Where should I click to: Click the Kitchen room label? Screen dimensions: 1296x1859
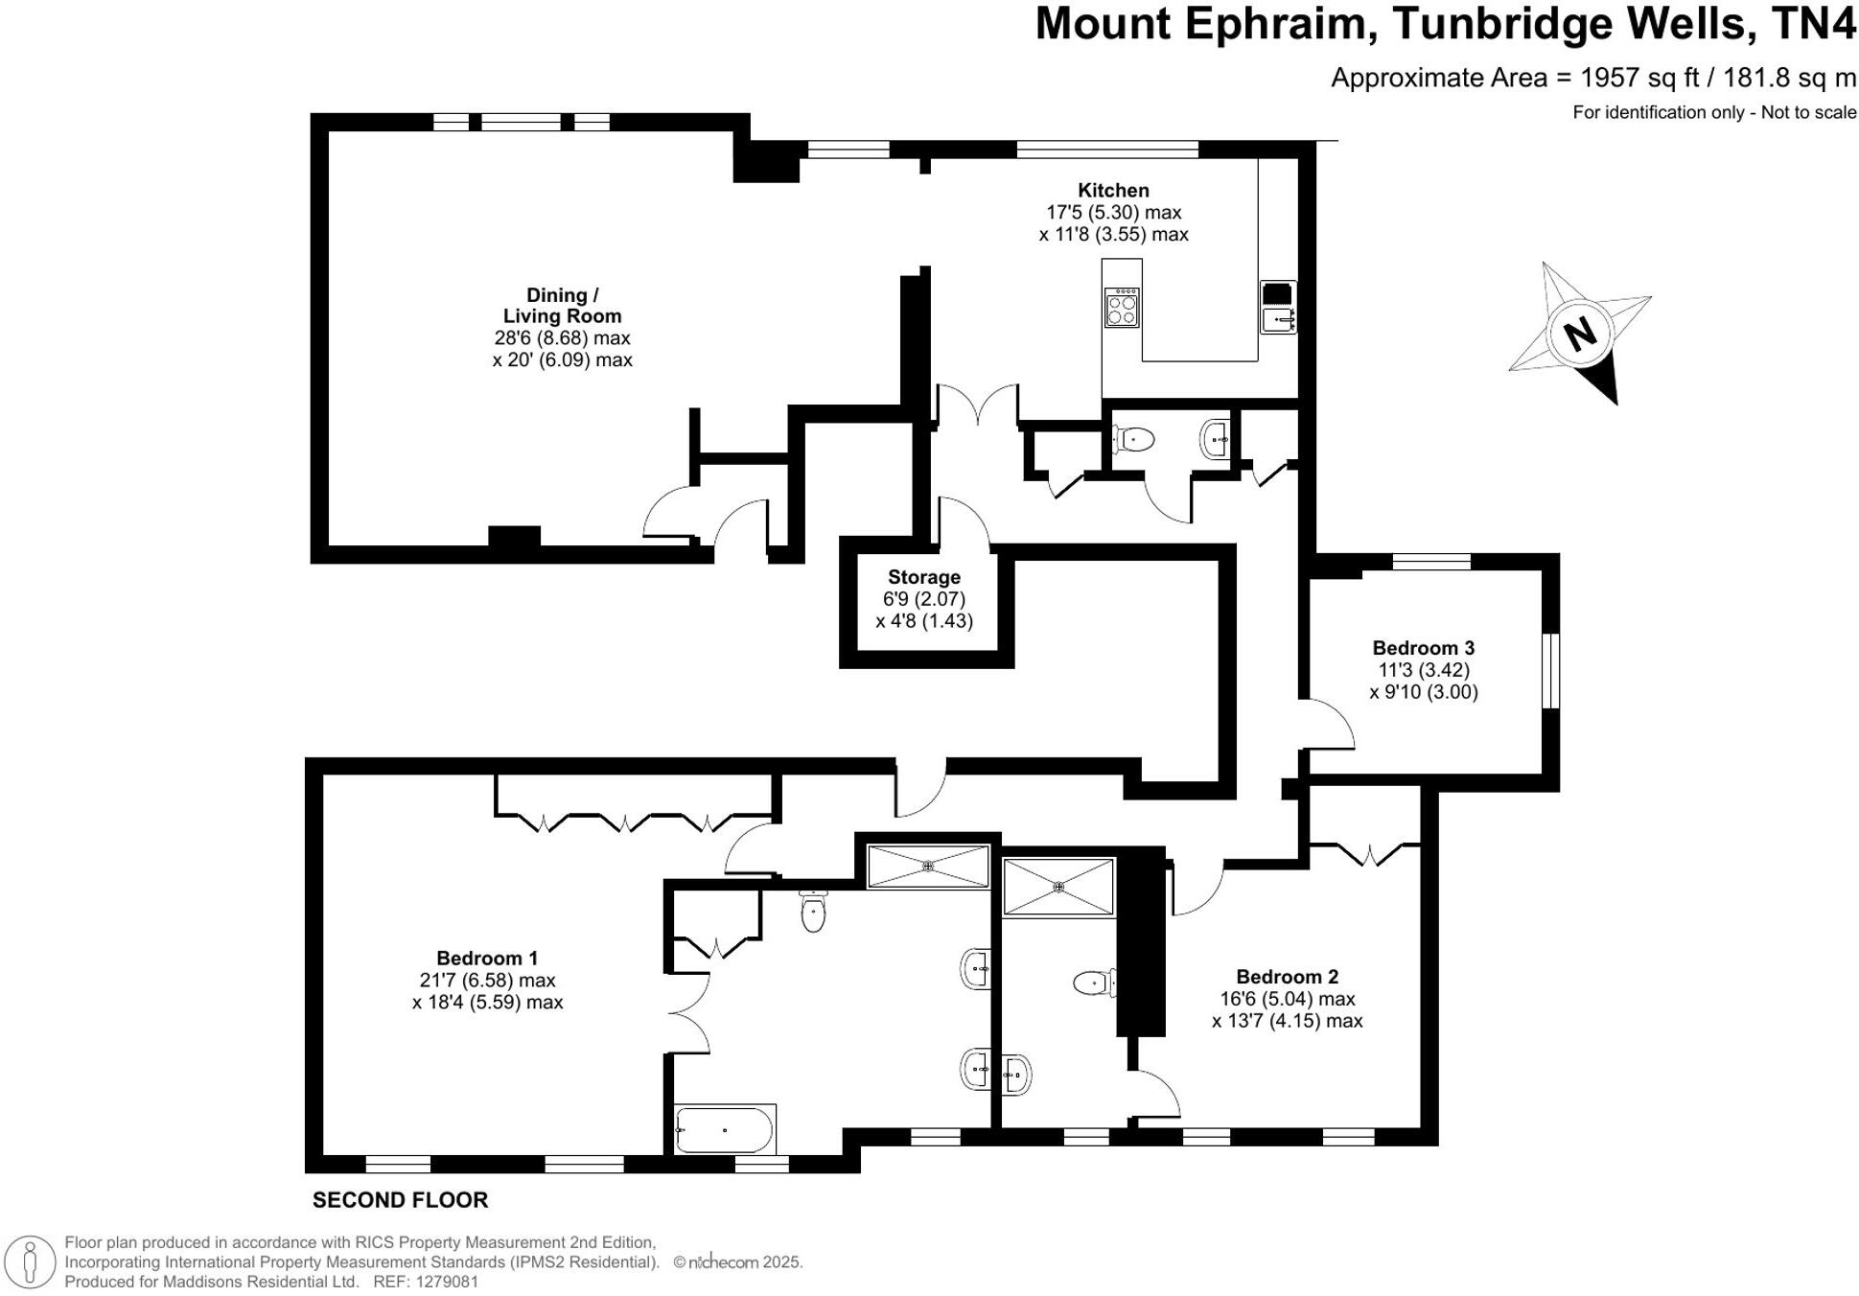(x=1112, y=191)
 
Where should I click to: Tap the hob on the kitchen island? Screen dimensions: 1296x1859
(x=1122, y=308)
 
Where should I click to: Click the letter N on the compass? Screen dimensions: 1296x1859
(x=1579, y=334)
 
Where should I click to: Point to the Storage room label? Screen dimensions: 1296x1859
(x=923, y=577)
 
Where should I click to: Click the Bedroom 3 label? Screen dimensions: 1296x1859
(x=1423, y=648)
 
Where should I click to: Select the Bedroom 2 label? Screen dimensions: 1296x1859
(x=1287, y=977)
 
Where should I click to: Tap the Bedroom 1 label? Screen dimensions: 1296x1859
(x=487, y=958)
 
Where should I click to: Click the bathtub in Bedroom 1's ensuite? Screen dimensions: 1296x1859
(x=724, y=1130)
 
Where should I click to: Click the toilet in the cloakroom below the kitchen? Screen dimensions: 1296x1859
(x=1134, y=440)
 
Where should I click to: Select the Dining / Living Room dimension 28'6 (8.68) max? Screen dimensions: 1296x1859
(x=562, y=338)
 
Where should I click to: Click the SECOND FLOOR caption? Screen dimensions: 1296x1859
(x=400, y=1200)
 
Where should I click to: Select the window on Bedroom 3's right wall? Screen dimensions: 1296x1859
(x=1550, y=670)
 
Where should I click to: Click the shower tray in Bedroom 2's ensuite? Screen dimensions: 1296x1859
(x=1058, y=888)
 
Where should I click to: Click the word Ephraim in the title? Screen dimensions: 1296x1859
(x=1276, y=24)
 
